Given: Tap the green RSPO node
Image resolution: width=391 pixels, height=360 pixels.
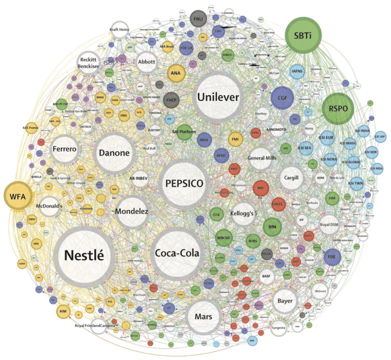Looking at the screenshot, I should pyautogui.click(x=338, y=108).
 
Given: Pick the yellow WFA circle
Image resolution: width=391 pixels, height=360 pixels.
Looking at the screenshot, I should pyautogui.click(x=18, y=197).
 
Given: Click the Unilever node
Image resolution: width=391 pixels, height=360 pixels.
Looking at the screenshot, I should pyautogui.click(x=218, y=97).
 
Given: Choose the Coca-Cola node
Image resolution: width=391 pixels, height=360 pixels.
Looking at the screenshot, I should pyautogui.click(x=177, y=253).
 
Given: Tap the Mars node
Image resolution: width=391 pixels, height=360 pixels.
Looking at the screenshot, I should pyautogui.click(x=204, y=317).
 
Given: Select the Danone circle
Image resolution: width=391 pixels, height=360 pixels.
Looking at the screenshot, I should pyautogui.click(x=114, y=153).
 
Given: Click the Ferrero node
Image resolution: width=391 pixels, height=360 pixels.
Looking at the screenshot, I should pyautogui.click(x=65, y=149).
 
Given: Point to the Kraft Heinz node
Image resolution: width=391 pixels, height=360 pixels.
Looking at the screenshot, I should pyautogui.click(x=120, y=30).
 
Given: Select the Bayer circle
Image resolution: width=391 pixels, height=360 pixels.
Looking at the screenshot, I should pyautogui.click(x=285, y=301).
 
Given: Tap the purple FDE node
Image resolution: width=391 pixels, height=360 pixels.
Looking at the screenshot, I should pyautogui.click(x=332, y=257).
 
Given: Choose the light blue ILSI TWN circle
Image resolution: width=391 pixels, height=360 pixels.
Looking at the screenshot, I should pyautogui.click(x=356, y=183).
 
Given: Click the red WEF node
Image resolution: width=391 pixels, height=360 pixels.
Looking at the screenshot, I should pyautogui.click(x=261, y=188).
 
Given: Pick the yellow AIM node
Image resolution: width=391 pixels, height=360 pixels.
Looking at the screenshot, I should pyautogui.click(x=63, y=311).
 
